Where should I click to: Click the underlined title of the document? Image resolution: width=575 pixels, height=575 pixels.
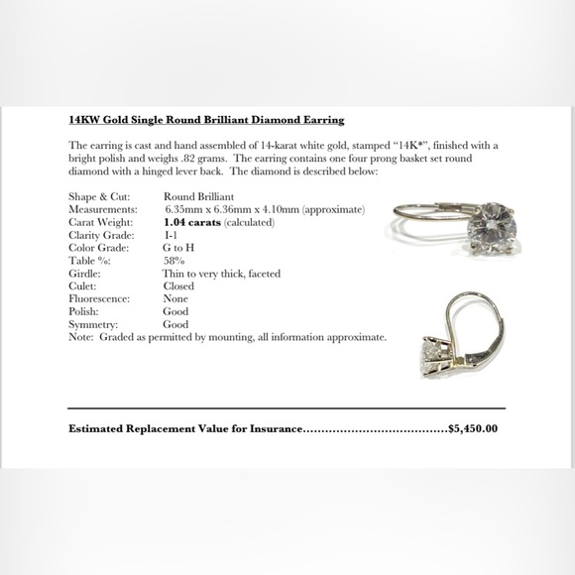click(x=206, y=120)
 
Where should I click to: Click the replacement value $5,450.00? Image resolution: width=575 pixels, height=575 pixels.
click(x=473, y=429)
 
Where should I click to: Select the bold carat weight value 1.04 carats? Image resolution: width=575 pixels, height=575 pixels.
click(x=190, y=223)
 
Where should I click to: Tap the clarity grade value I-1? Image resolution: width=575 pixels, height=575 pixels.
click(x=171, y=235)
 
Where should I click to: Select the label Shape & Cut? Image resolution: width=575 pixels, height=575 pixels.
click(x=100, y=197)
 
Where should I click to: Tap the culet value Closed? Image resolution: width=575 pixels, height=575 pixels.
click(x=178, y=286)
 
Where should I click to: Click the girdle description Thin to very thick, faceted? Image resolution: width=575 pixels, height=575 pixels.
click(x=221, y=274)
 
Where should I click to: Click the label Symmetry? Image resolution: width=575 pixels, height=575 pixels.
click(x=94, y=324)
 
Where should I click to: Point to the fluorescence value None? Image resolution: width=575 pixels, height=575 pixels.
click(x=175, y=298)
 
